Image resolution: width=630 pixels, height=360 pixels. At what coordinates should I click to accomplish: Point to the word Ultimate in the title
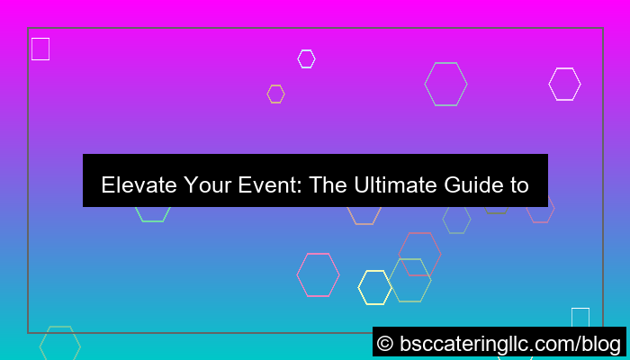tap(391, 185)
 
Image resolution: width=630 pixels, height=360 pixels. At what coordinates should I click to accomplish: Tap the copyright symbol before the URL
tap(385, 343)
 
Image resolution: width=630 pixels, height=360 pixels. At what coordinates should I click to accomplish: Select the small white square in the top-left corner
tap(40, 49)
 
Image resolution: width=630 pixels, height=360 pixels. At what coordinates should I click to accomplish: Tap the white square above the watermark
tap(580, 317)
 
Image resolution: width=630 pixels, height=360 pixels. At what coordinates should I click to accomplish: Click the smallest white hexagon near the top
tap(306, 58)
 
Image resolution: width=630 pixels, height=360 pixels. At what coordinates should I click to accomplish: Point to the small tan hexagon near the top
tap(275, 94)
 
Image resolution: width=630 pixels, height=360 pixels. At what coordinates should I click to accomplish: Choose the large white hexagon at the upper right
tap(564, 84)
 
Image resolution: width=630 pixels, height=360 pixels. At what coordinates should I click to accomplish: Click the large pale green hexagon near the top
tap(445, 84)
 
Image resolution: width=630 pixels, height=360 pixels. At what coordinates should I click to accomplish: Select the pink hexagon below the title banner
tap(318, 274)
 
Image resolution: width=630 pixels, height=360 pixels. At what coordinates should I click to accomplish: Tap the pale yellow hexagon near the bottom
tap(374, 287)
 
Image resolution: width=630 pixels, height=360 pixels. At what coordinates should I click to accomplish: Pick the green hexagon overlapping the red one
tap(409, 280)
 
